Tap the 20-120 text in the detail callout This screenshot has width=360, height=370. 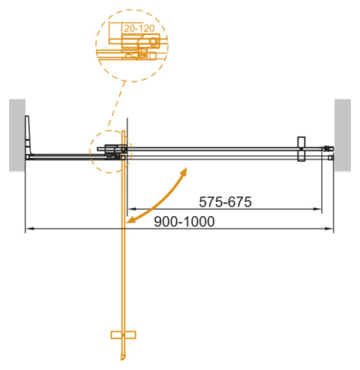tap(136, 28)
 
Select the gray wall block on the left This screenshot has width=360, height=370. tap(16, 135)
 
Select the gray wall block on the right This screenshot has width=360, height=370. tap(343, 135)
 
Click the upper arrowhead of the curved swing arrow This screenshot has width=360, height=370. tap(185, 171)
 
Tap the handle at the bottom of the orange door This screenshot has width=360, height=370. tap(121, 335)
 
